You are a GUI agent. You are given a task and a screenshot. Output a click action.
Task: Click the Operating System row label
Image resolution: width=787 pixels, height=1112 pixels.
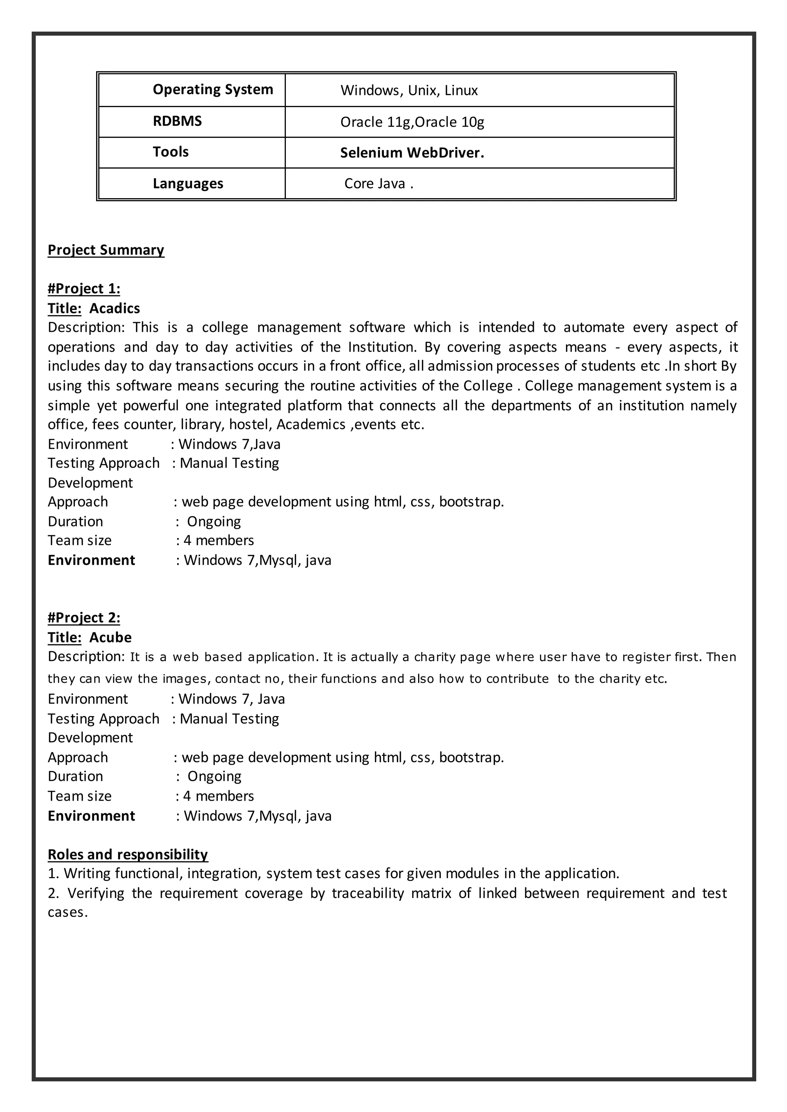pos(213,89)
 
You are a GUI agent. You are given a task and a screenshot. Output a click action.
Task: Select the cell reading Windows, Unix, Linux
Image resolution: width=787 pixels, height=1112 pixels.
pos(409,91)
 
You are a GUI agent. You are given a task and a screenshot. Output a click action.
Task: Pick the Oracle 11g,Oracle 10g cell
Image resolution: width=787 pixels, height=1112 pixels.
pos(412,122)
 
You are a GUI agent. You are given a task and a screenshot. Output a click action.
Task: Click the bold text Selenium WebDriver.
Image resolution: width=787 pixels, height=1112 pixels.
pos(412,153)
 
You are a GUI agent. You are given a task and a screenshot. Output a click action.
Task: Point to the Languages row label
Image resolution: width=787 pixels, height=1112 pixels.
pos(188,184)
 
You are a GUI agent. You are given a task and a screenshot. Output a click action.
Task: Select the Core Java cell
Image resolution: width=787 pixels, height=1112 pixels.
pos(379,184)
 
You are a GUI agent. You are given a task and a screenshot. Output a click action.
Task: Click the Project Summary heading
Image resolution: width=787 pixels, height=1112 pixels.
pos(106,250)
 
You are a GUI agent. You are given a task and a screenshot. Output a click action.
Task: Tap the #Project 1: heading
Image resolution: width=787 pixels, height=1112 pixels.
pos(84,289)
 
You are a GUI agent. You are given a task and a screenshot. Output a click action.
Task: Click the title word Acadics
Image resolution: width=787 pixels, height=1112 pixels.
pos(115,308)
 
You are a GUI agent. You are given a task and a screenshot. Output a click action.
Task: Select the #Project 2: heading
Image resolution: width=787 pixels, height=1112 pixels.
pos(84,618)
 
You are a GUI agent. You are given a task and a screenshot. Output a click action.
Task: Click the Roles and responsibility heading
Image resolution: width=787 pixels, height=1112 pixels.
pos(128,854)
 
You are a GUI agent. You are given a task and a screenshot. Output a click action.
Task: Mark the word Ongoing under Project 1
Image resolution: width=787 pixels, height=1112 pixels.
pos(214,521)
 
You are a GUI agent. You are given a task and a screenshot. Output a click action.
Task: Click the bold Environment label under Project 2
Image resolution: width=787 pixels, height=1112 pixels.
pos(91,816)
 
